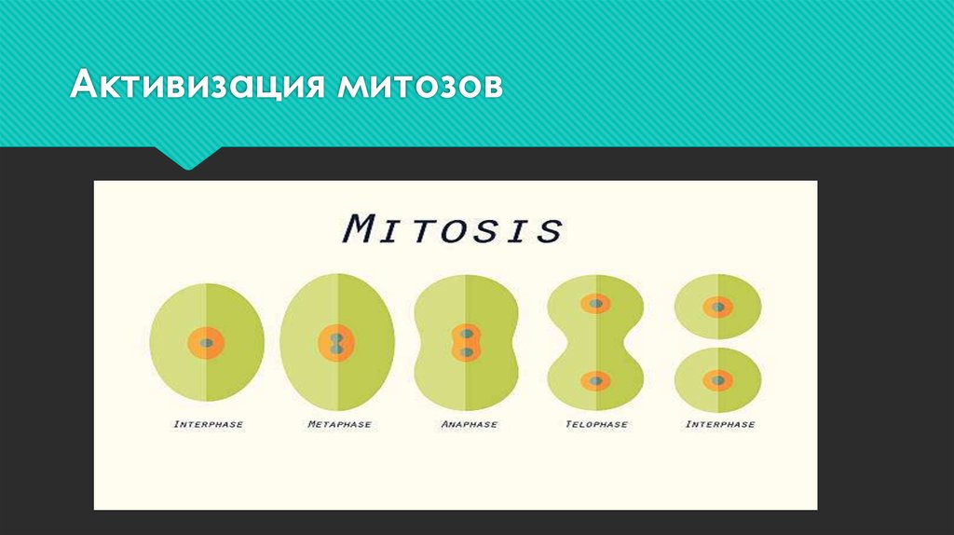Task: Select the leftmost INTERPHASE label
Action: pyautogui.click(x=208, y=424)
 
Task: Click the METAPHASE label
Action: pyautogui.click(x=339, y=424)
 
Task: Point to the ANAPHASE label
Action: pyautogui.click(x=469, y=424)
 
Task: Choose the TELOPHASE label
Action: pyautogui.click(x=596, y=424)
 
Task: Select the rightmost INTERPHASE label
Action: pyautogui.click(x=719, y=424)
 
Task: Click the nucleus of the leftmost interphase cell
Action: pyautogui.click(x=207, y=343)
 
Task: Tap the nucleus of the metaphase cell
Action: pyautogui.click(x=337, y=343)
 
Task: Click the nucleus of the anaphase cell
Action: pyautogui.click(x=466, y=343)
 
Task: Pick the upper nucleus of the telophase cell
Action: pyautogui.click(x=595, y=304)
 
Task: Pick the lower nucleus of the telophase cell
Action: pyautogui.click(x=595, y=380)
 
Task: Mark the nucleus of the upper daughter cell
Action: pyautogui.click(x=718, y=306)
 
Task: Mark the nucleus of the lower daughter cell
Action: pyautogui.click(x=718, y=379)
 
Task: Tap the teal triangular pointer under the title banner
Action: pyautogui.click(x=189, y=158)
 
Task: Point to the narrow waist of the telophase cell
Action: pyautogui.click(x=595, y=342)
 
